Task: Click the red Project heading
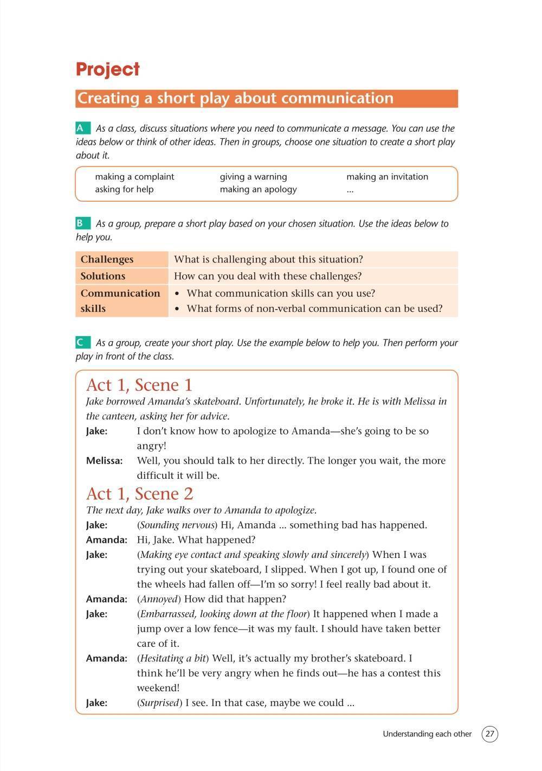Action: tap(108, 69)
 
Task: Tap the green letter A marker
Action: tap(81, 128)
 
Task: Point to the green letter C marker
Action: tap(81, 343)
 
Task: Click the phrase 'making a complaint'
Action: tap(134, 177)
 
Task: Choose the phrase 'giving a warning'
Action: tap(253, 177)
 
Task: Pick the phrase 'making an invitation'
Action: tap(387, 177)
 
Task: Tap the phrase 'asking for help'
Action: tap(124, 189)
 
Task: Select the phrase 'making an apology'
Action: tap(258, 189)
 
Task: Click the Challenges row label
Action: tap(107, 259)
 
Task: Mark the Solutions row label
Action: tap(103, 276)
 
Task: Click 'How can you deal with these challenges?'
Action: tap(267, 276)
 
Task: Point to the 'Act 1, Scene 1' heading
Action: tap(139, 385)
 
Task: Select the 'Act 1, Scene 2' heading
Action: tap(139, 494)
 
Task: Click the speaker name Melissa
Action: tap(104, 461)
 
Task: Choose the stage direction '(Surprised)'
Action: tap(159, 703)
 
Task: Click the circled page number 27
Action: tap(489, 734)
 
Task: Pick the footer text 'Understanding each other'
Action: tap(427, 734)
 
